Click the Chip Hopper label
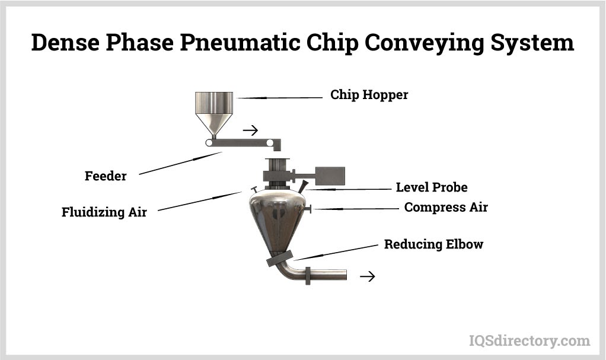(x=369, y=95)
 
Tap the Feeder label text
(x=106, y=176)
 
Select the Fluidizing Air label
(x=104, y=212)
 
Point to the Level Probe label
(x=432, y=187)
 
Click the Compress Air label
(x=446, y=207)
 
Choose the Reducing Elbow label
(x=433, y=244)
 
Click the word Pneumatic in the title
(x=240, y=43)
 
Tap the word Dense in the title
(x=65, y=42)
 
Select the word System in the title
(x=532, y=43)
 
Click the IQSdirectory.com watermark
(x=530, y=340)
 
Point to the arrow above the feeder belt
(x=250, y=130)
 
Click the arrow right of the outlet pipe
(x=368, y=276)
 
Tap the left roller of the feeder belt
(x=209, y=143)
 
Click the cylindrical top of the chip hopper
(x=214, y=103)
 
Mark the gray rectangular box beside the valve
(x=330, y=176)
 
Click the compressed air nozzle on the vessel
(x=308, y=209)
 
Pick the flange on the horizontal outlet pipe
(x=308, y=276)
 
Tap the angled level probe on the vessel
(x=304, y=185)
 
